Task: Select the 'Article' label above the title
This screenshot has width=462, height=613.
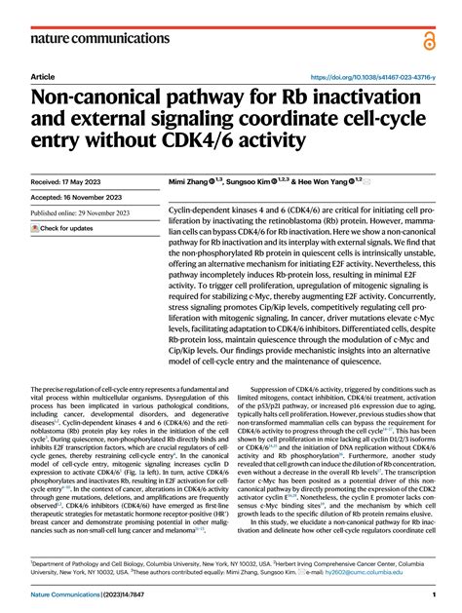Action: (43, 76)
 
